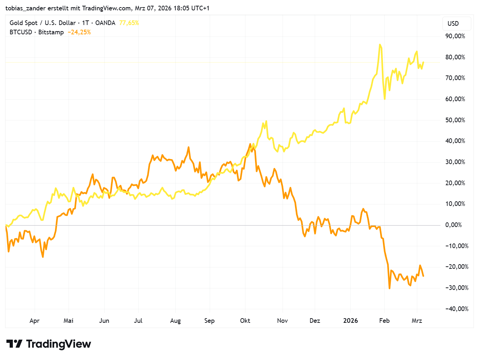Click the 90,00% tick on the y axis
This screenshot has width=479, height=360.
pos(455,36)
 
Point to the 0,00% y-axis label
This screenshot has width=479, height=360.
pos(455,225)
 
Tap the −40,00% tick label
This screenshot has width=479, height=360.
pos(455,309)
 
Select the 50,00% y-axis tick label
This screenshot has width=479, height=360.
pos(455,120)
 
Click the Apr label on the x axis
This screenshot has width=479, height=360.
pos(35,321)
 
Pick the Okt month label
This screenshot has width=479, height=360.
pos(245,321)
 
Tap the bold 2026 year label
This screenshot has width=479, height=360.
pos(350,321)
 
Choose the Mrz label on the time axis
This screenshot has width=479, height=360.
pos(417,321)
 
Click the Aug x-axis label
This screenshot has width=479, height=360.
pos(175,321)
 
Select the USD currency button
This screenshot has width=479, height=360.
pos(453,24)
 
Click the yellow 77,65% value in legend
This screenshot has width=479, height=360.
pos(129,23)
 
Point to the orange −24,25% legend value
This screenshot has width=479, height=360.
pos(79,32)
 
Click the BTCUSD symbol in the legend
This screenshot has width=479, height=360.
pos(21,32)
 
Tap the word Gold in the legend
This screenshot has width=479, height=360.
pos(16,23)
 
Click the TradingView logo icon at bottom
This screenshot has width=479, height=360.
pos(14,344)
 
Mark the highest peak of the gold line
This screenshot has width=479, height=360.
pos(380,45)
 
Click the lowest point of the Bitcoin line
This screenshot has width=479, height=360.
pos(389,288)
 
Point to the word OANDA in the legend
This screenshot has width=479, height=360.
pos(105,23)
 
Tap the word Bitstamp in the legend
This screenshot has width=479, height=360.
pos(51,32)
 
